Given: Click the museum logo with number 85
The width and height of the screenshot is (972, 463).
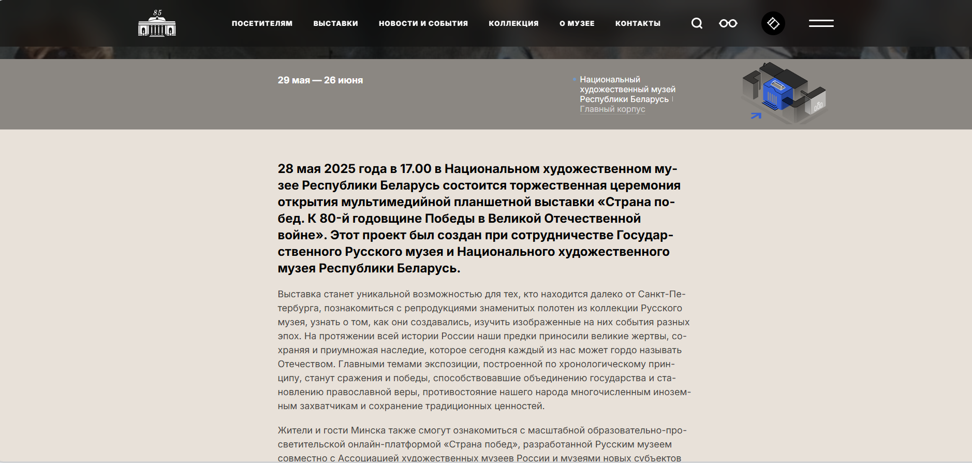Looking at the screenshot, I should click(x=157, y=24).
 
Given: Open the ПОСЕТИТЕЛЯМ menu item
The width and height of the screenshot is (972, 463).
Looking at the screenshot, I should click(x=262, y=23).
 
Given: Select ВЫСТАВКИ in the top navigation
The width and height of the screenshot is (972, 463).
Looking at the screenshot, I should click(x=335, y=23).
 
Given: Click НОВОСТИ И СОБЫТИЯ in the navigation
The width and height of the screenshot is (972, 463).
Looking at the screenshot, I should click(x=423, y=23).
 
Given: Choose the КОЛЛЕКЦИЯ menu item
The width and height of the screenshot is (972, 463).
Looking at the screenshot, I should click(x=513, y=23).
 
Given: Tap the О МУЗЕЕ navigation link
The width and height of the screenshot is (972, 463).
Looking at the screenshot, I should click(x=577, y=23).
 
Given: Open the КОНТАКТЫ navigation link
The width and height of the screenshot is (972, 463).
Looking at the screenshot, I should click(x=638, y=23).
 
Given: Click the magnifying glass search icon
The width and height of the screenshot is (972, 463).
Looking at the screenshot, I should click(x=697, y=23).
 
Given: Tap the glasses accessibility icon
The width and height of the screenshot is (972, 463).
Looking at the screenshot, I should click(x=728, y=23).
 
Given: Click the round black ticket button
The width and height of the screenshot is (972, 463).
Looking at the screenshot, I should click(x=773, y=23).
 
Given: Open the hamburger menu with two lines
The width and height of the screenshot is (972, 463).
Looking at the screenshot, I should click(x=821, y=23).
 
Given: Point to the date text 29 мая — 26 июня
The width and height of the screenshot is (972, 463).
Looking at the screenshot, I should click(x=320, y=80).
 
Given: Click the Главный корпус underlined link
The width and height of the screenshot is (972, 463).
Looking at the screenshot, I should click(x=612, y=109).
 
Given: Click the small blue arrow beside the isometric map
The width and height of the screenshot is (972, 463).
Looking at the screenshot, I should click(x=756, y=115).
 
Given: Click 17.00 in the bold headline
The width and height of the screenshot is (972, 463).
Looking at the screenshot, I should click(x=416, y=169).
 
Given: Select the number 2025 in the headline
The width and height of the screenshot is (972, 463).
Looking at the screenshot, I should click(x=340, y=169).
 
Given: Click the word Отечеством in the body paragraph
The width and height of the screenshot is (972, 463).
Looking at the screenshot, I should click(x=305, y=364).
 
